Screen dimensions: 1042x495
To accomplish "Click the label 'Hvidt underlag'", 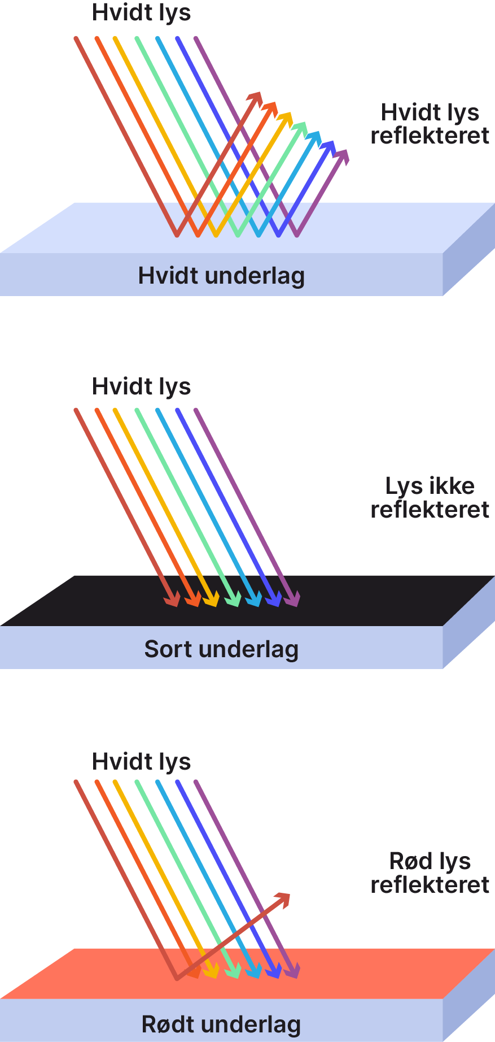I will [221, 276].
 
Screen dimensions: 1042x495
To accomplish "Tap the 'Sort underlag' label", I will [221, 649].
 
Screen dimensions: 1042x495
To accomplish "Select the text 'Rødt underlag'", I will [221, 1024].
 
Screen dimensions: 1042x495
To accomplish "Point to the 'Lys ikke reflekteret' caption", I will [430, 497].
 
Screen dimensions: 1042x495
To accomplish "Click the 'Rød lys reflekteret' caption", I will [430, 872].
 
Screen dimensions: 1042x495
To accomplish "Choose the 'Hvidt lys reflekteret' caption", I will [430, 124].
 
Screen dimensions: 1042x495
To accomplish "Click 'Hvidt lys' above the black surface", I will [141, 387].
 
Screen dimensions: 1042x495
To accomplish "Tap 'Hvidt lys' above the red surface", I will [141, 761].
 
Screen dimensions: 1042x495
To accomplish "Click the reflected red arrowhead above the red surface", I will [283, 899].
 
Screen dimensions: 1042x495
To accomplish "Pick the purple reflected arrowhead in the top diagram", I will [341, 156].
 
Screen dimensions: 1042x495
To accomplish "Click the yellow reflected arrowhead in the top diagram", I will [286, 119].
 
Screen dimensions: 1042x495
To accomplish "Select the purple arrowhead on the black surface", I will [292, 599].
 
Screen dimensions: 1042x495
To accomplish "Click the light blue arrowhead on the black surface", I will [253, 599].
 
